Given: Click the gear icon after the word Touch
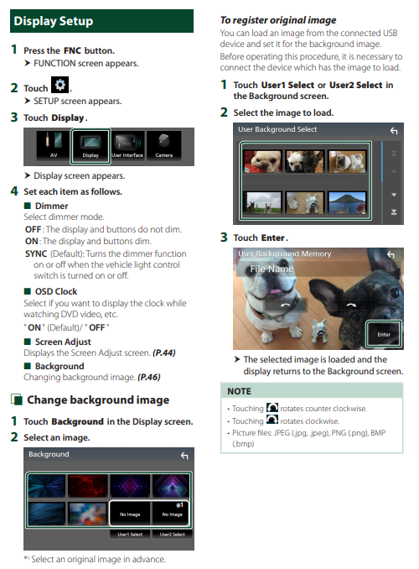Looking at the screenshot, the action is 59,85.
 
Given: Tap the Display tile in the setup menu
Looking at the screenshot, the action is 91,146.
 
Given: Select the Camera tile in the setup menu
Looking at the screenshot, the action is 164,146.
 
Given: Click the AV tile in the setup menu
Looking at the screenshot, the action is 54,146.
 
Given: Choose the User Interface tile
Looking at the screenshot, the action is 127,146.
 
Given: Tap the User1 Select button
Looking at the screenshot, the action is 130,534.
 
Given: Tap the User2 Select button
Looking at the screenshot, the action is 172,534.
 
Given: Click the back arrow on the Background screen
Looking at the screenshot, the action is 184,456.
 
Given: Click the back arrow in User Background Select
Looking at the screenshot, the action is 394,131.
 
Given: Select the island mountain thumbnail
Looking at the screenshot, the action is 347,202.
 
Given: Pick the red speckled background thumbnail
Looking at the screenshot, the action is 87,486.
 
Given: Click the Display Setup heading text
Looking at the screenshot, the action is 54,21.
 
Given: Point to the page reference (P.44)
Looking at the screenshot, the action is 164,352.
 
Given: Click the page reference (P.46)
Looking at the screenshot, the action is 148,378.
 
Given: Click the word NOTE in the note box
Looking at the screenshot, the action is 239,391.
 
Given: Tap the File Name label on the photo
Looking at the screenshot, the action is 272,269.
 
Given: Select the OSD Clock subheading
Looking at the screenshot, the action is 56,291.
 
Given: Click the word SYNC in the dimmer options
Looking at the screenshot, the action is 36,253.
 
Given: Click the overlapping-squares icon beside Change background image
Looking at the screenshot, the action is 17,399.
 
